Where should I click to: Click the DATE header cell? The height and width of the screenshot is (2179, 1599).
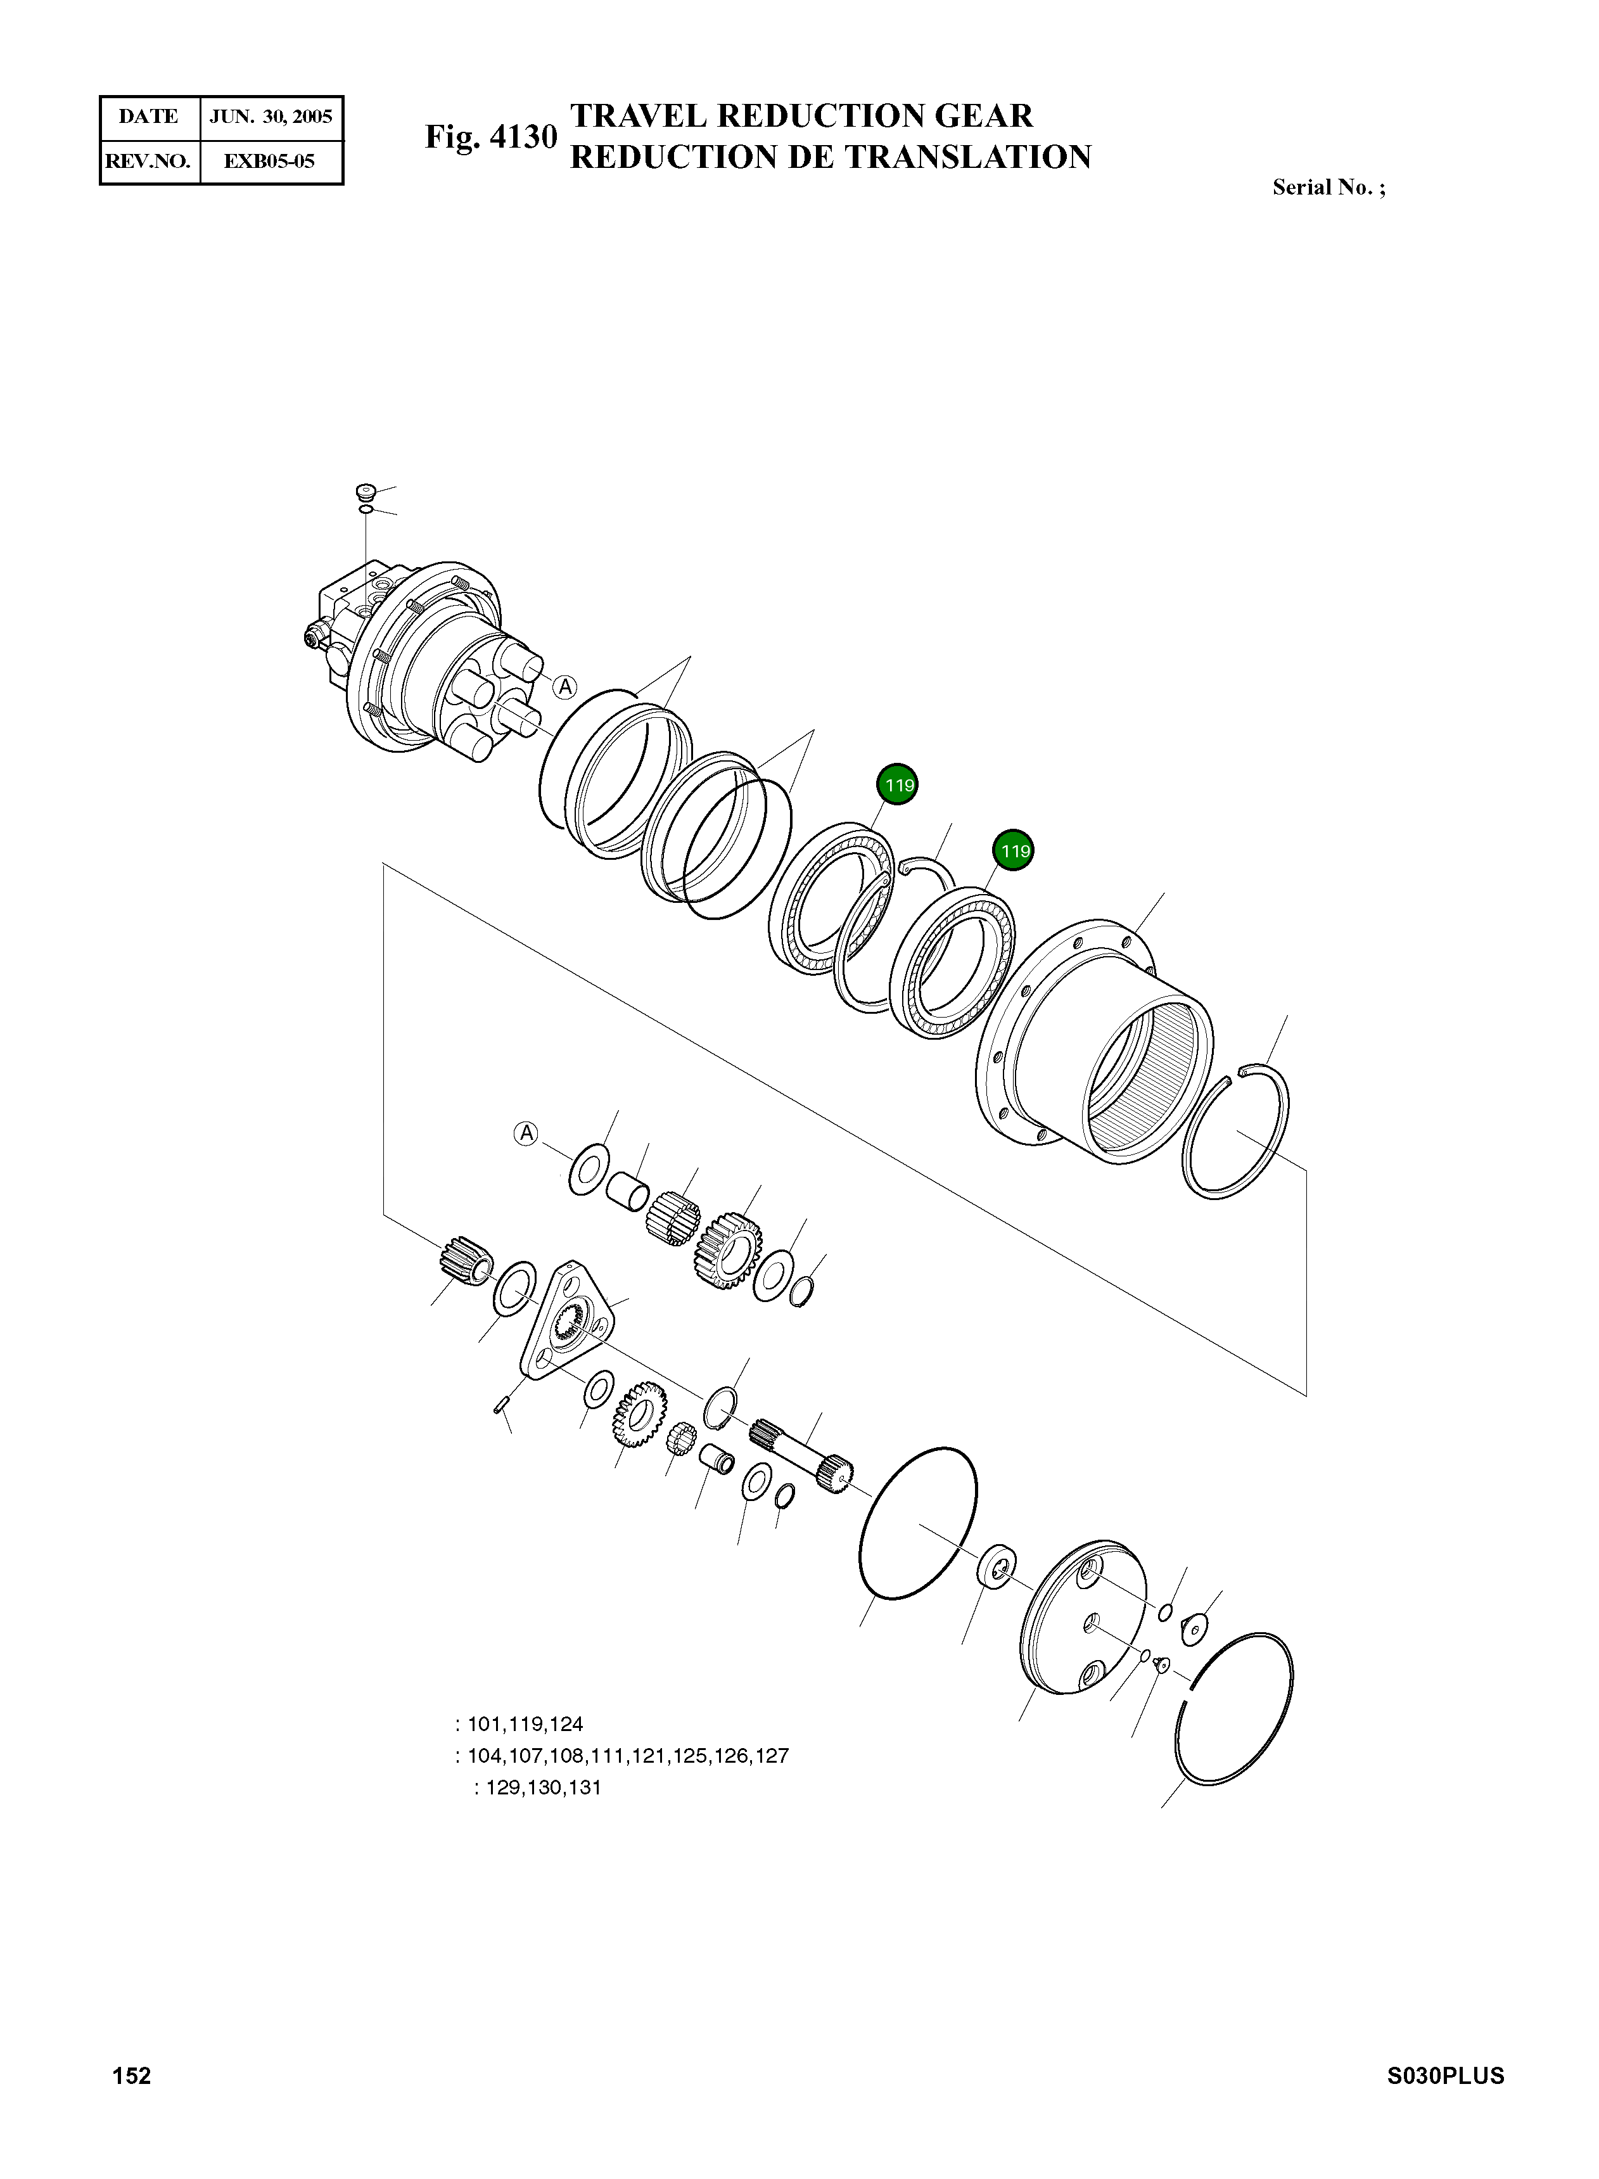[x=149, y=117]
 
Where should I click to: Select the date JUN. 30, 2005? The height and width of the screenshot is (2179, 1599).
[x=271, y=117]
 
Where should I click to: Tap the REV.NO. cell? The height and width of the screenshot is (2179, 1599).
[x=149, y=161]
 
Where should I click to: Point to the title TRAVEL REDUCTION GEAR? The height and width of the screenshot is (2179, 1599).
[x=801, y=115]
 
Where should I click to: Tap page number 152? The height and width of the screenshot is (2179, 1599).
[x=132, y=2076]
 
